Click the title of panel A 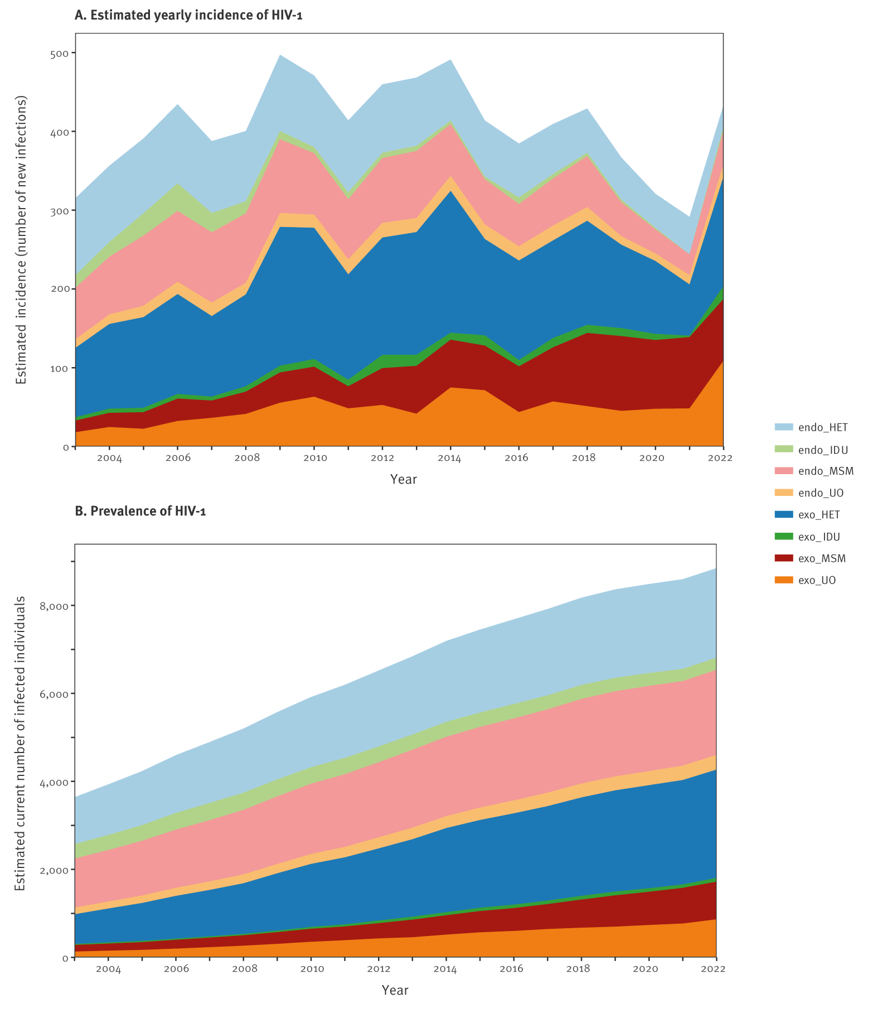coord(188,15)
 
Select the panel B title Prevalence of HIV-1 coord(140,511)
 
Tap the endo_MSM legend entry coord(813,471)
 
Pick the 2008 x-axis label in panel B coord(244,969)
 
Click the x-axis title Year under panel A coord(403,479)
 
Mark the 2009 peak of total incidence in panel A coord(280,55)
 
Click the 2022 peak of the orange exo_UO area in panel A coord(723,361)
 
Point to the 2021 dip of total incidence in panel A coord(689,217)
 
